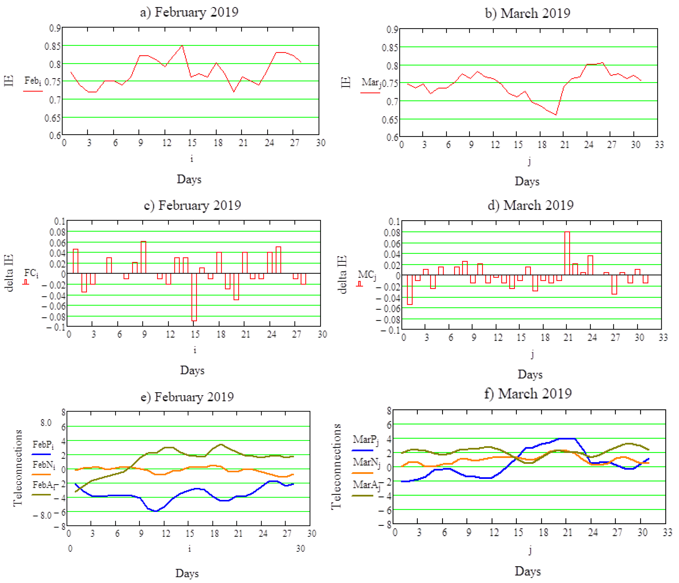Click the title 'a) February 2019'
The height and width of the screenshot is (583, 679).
pos(189,12)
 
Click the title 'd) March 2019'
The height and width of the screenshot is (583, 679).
pos(530,205)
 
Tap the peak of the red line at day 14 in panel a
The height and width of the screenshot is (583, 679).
pos(182,46)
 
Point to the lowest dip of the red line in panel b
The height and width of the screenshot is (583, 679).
pos(556,115)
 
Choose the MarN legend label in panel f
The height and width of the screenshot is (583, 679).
pos(366,462)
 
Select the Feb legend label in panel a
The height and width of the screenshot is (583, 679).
pos(32,80)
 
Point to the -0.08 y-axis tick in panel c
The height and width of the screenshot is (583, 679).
pos(53,317)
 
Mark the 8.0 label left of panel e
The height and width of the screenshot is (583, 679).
pos(46,423)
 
